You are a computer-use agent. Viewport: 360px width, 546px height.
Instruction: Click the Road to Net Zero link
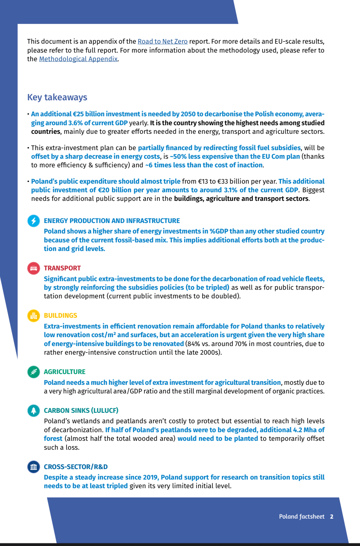162,42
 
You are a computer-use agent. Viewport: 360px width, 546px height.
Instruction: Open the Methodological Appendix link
78,59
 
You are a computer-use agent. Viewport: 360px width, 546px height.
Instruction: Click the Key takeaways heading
57,97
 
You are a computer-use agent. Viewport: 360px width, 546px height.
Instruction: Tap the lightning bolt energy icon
34,221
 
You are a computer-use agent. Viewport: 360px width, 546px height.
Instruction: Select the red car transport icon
34,268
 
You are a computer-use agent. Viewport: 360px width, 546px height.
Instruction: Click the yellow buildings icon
34,316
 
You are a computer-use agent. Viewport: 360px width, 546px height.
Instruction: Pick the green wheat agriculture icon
34,372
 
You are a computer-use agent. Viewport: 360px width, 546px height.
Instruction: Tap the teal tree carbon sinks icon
34,410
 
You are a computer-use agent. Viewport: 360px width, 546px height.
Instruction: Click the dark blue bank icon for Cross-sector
34,467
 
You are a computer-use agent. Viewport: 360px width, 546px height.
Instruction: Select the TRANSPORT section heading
62,268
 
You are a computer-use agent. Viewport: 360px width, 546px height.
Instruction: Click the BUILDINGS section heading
60,316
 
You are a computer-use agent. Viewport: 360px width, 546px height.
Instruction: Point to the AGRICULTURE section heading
65,372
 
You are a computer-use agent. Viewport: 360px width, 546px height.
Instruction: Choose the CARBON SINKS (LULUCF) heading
81,411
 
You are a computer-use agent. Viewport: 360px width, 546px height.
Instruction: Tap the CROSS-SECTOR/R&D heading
76,467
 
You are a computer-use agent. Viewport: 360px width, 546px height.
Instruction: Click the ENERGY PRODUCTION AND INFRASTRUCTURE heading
112,221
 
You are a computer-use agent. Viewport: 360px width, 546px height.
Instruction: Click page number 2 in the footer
332,516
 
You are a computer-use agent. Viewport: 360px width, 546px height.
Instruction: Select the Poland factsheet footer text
302,516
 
